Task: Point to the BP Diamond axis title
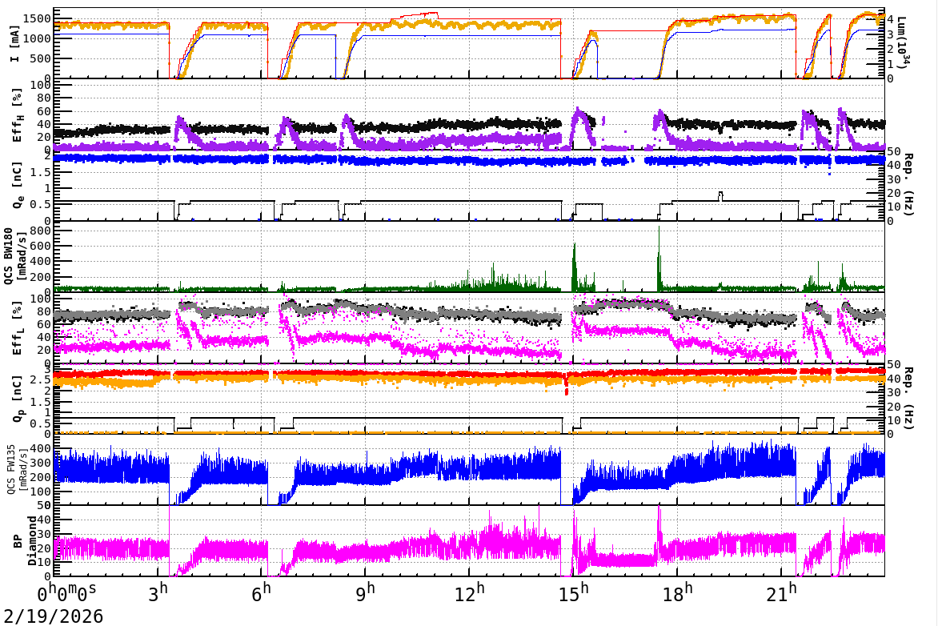coord(18,540)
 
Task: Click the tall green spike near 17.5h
coord(659,240)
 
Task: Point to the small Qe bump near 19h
coord(721,194)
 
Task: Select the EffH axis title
coord(18,115)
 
